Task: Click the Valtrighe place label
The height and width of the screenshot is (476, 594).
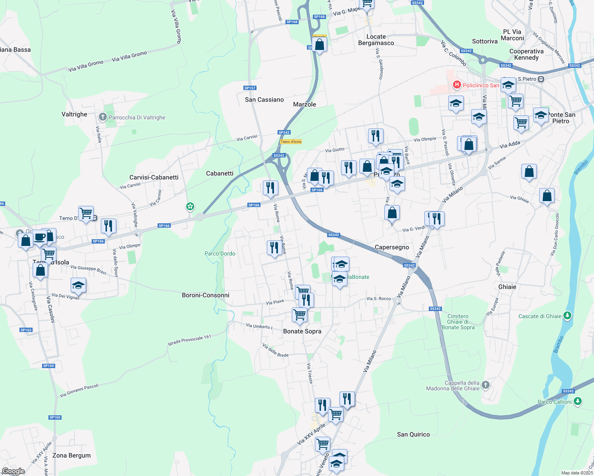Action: click(x=74, y=114)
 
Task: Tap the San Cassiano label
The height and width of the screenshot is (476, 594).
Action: click(x=264, y=100)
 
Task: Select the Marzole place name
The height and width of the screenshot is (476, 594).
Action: click(x=305, y=104)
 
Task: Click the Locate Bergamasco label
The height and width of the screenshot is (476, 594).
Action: click(x=376, y=40)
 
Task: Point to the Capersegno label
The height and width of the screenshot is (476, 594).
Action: click(x=392, y=247)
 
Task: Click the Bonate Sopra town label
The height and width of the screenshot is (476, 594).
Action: click(x=302, y=331)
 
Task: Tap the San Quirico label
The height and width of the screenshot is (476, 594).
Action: click(x=413, y=434)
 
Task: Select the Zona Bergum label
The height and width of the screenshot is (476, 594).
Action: click(x=71, y=455)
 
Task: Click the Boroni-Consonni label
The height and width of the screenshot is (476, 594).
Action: click(x=206, y=295)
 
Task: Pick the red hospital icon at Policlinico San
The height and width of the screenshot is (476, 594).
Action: click(x=457, y=85)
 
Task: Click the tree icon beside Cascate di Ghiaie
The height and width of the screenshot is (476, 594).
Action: click(x=568, y=316)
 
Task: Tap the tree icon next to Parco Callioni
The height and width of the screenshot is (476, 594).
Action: click(x=578, y=401)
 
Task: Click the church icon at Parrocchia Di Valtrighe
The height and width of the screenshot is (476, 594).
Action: click(x=103, y=117)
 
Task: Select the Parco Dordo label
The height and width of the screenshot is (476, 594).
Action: click(x=220, y=253)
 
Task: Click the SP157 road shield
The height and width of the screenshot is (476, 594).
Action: click(x=250, y=88)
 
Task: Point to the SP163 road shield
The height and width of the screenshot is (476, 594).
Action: click(x=26, y=330)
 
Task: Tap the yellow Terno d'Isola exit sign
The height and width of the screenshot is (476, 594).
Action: click(x=291, y=142)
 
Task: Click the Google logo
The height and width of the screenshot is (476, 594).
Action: click(x=13, y=471)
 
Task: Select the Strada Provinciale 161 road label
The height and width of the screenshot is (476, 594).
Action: click(x=189, y=340)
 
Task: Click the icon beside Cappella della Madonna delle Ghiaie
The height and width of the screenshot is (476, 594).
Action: click(x=486, y=385)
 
